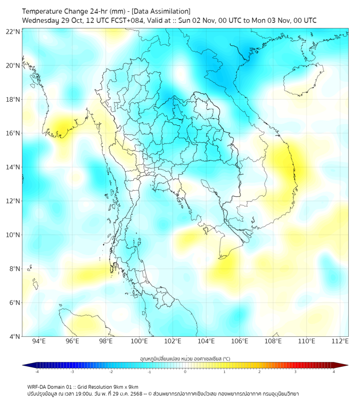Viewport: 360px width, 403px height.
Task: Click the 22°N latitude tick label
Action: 13,31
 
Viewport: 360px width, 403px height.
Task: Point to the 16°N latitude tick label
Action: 13,133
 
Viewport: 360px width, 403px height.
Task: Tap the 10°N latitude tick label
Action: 13,235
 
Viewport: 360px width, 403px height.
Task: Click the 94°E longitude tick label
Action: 39,342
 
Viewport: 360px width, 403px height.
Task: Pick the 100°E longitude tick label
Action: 140,342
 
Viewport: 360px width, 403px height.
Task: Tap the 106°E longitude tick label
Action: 240,342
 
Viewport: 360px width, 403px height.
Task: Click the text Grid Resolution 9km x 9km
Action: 109,386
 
